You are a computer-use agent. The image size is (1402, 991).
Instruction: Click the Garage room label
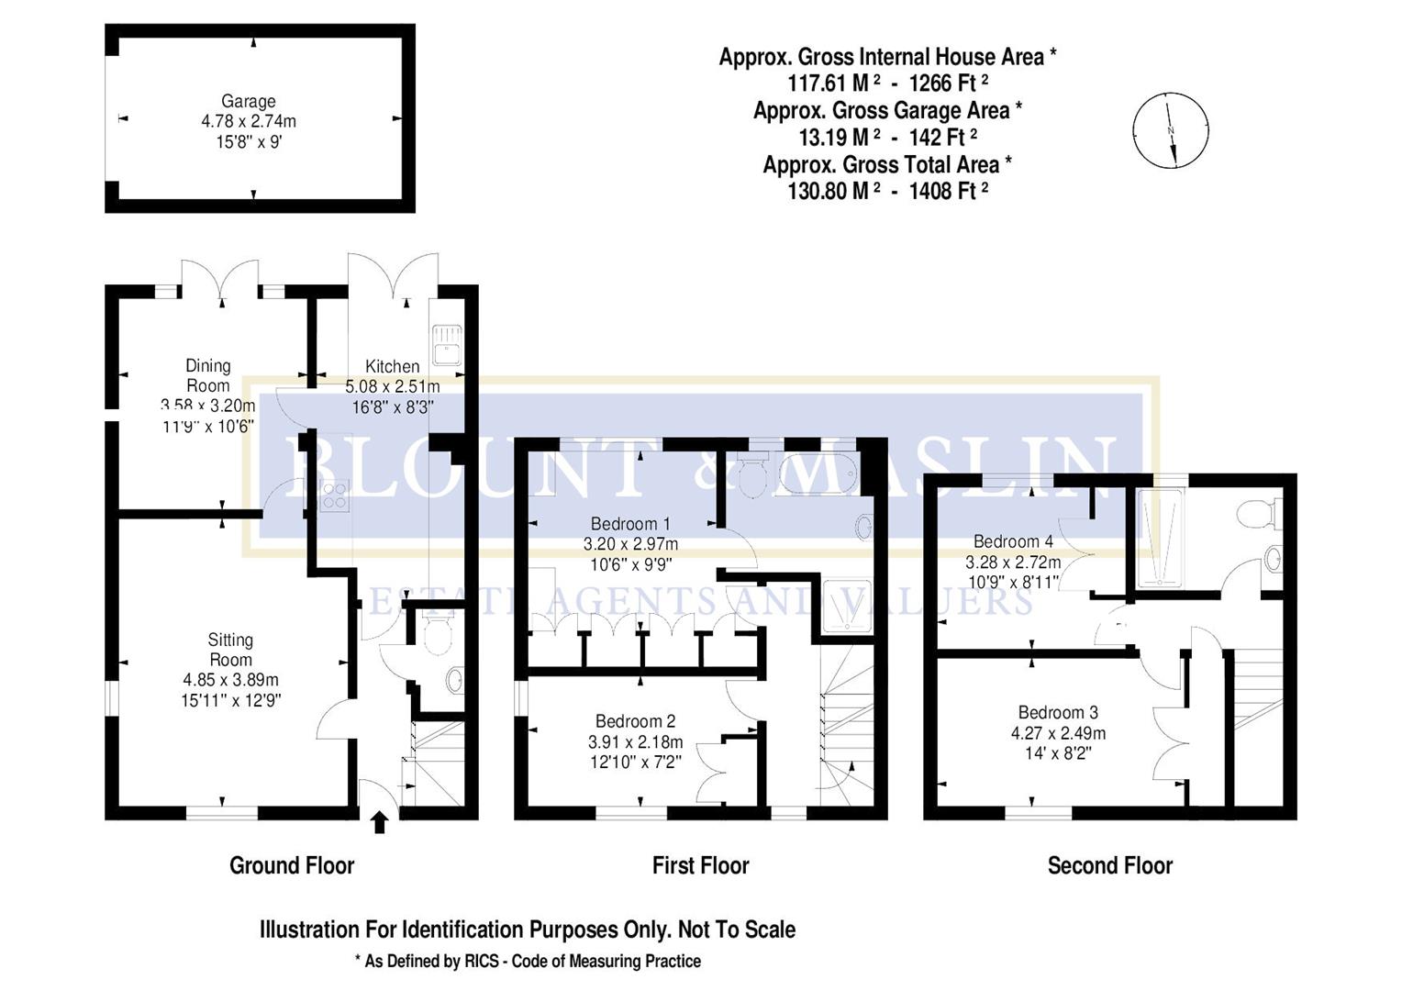coord(248,102)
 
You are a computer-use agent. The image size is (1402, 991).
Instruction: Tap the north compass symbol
coord(1170,130)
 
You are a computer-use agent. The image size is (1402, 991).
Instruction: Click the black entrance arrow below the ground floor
coord(380,821)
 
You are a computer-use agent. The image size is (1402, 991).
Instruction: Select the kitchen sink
coord(447,343)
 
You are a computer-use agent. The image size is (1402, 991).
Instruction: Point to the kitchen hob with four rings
coord(333,495)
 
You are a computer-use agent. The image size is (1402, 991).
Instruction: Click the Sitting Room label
coord(230,650)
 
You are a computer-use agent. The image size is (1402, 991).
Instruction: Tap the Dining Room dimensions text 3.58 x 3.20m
coord(208,406)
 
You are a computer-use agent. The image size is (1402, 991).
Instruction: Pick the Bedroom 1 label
coord(624,524)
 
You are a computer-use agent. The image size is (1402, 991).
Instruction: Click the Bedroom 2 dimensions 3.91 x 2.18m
coord(635,741)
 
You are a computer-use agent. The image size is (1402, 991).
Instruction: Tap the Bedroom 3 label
coord(1058,713)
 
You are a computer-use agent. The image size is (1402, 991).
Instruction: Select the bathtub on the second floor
coord(1161,537)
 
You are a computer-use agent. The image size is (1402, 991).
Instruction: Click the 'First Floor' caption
coord(700,865)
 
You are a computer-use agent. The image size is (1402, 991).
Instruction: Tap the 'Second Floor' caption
coord(1109,865)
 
